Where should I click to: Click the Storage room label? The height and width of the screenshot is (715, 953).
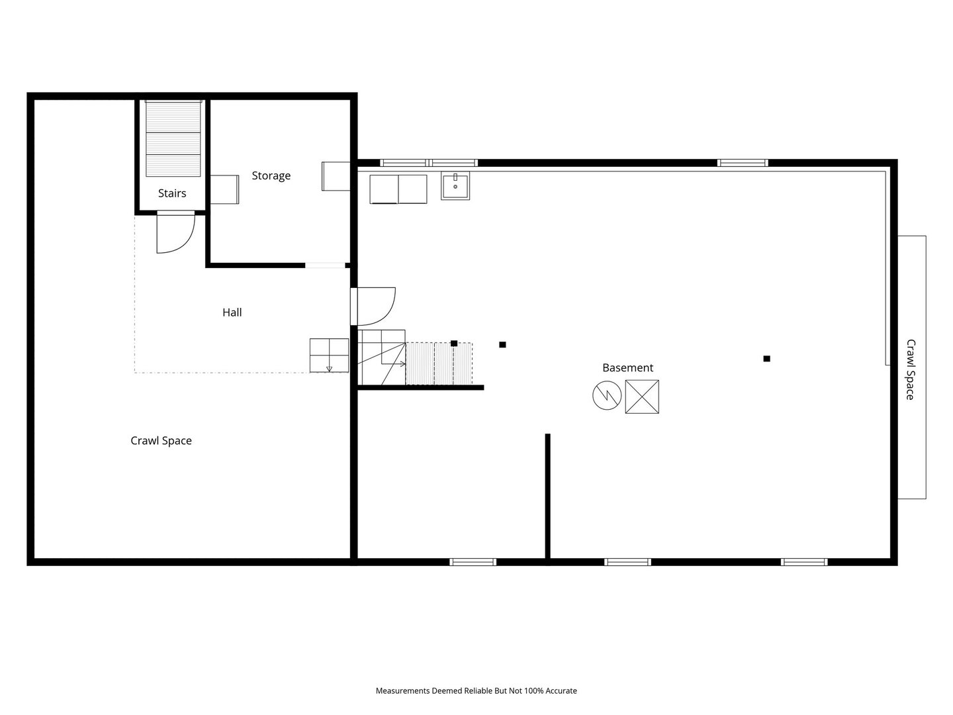pyautogui.click(x=271, y=176)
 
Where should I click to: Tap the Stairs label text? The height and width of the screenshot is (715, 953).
pyautogui.click(x=172, y=193)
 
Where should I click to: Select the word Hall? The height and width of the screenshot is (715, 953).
pyautogui.click(x=232, y=312)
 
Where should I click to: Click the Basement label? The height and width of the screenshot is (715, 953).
pyautogui.click(x=627, y=367)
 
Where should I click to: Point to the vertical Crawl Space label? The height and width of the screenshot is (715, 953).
pyautogui.click(x=911, y=369)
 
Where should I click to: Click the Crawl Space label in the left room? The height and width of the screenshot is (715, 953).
pyautogui.click(x=161, y=441)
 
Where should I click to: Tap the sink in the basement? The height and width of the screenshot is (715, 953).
pyautogui.click(x=455, y=186)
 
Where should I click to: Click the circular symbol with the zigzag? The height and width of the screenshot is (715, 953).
pyautogui.click(x=607, y=395)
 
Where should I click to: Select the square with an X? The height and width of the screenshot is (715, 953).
pyautogui.click(x=642, y=397)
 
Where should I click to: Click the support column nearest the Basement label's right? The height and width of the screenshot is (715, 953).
pyautogui.click(x=767, y=359)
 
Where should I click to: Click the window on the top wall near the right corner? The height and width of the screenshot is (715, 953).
pyautogui.click(x=743, y=163)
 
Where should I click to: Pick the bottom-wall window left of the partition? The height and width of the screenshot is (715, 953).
pyautogui.click(x=473, y=562)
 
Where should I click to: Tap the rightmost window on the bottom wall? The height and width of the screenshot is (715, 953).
pyautogui.click(x=804, y=562)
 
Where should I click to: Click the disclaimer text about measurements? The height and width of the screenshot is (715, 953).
pyautogui.click(x=476, y=691)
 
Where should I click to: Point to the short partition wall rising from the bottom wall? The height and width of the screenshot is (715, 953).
pyautogui.click(x=547, y=499)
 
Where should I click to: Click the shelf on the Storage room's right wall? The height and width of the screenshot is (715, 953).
pyautogui.click(x=336, y=176)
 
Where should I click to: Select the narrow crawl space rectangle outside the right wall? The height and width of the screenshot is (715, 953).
pyautogui.click(x=912, y=367)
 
